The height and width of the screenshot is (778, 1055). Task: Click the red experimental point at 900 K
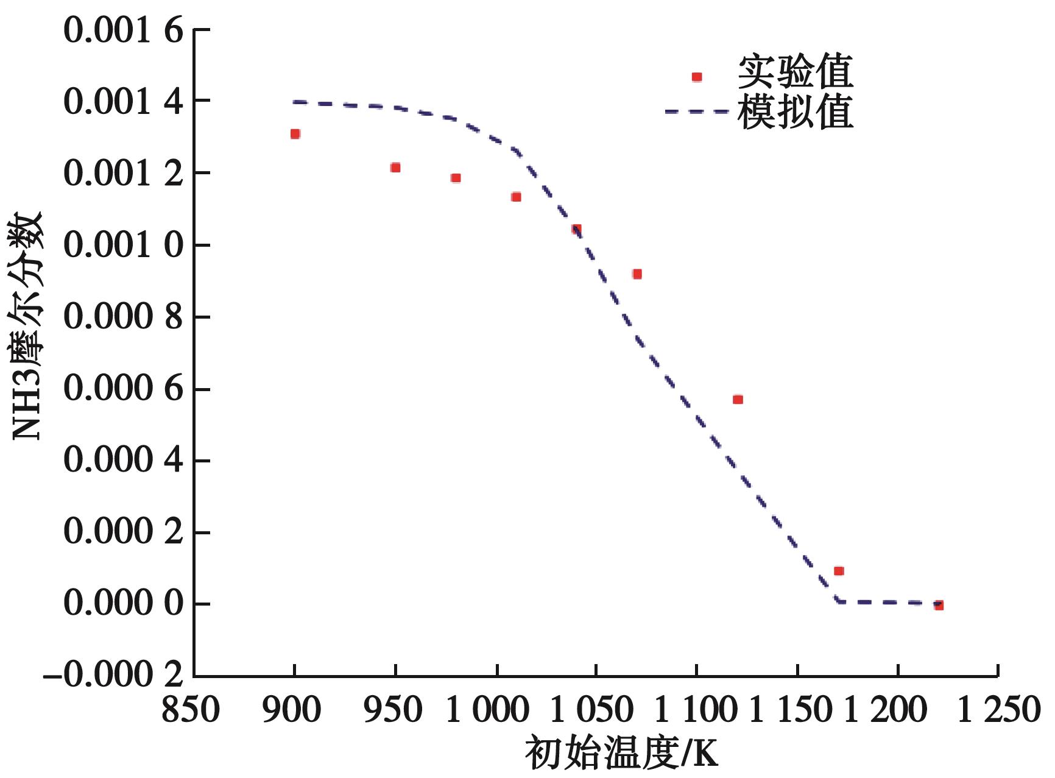295,134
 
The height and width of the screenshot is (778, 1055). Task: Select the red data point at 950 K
395,168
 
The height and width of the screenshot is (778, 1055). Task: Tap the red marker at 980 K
456,178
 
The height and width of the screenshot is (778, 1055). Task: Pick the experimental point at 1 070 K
637,274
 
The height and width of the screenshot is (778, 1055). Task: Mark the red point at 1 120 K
738,400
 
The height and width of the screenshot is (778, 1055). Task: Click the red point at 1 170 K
839,571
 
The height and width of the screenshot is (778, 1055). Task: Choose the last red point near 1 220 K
939,606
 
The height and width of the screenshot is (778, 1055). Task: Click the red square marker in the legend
697,77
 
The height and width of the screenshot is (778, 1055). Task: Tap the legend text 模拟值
795,112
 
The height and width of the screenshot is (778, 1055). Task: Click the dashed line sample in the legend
697,111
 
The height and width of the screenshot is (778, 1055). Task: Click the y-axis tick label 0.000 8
124,317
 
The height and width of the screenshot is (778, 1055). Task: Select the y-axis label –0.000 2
113,676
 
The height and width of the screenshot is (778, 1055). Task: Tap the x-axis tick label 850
190,710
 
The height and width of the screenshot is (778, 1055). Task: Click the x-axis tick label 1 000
487,710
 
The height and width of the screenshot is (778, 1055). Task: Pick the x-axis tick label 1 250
997,710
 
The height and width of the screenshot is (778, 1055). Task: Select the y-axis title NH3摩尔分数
27,326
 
